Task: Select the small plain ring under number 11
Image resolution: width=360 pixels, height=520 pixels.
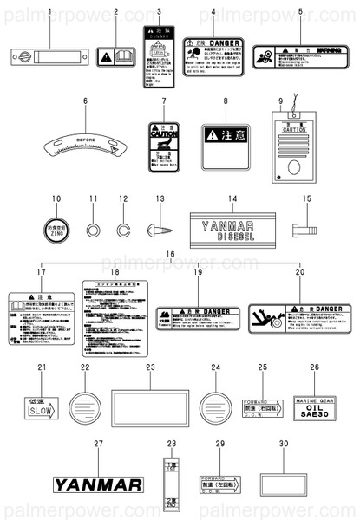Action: (93, 231)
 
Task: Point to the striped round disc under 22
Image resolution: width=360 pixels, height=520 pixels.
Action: (85, 405)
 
